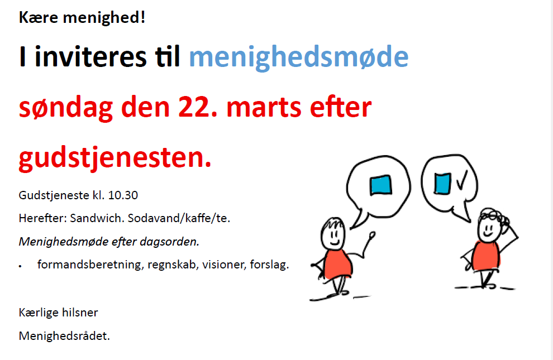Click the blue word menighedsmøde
click(x=298, y=57)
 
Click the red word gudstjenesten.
click(x=115, y=158)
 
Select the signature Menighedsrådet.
click(x=64, y=336)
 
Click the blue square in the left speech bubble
click(x=380, y=185)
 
